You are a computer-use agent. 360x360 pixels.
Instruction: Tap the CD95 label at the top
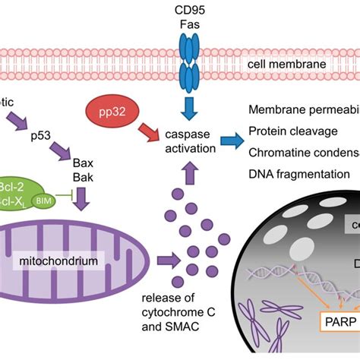point(181,9)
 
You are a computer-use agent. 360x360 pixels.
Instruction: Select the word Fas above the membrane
point(181,24)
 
